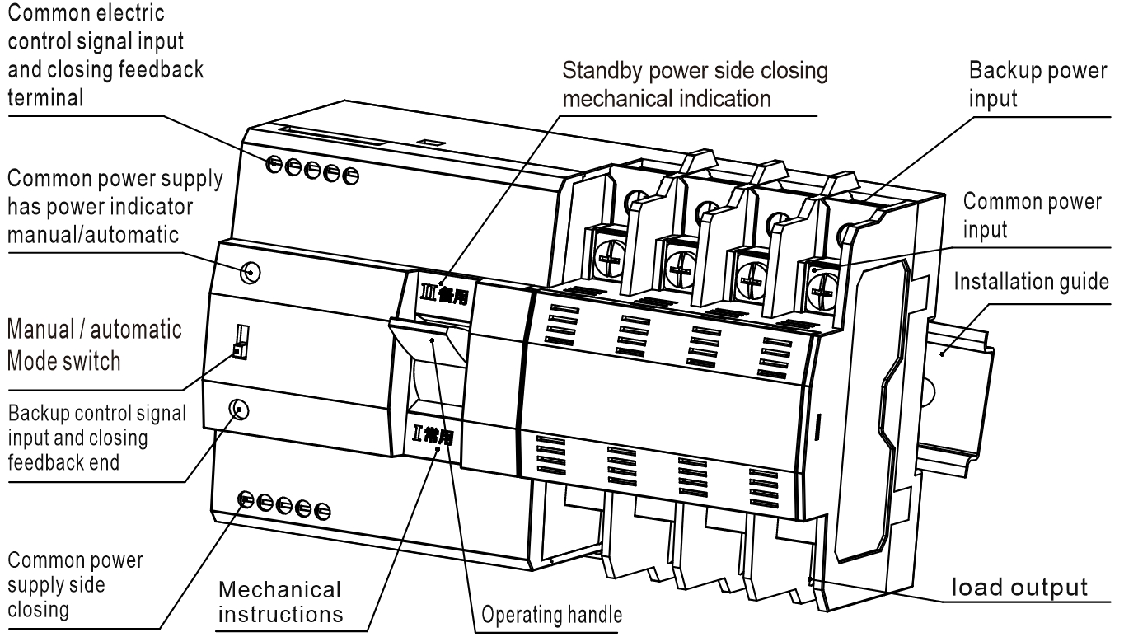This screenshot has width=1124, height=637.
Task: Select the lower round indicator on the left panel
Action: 239,409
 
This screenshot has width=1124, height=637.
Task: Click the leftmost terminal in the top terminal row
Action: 272,162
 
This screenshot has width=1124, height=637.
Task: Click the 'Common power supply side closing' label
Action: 74,585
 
